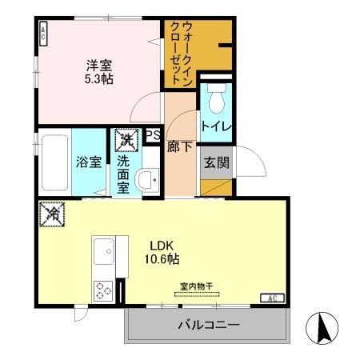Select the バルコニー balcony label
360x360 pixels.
(x=208, y=326)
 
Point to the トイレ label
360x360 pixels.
(x=215, y=126)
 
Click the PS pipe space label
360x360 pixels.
(x=153, y=135)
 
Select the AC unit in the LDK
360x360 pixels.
(x=270, y=298)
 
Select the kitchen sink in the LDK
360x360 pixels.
(x=105, y=254)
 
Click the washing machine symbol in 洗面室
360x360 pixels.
(x=125, y=141)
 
